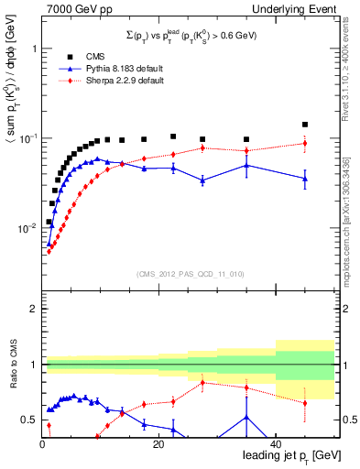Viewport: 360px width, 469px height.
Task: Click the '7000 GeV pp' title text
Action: coord(71,10)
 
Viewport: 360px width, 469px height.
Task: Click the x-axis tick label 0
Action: coord(43,443)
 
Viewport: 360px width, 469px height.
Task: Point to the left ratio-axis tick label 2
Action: coord(30,309)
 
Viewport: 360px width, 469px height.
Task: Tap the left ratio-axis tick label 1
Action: coord(30,365)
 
